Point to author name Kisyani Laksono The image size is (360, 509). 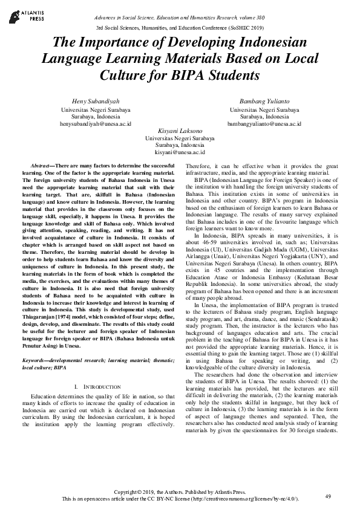180,131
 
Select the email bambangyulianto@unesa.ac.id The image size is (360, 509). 264,123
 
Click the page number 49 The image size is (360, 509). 328,496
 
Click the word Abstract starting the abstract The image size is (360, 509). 41,165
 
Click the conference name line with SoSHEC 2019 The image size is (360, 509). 180,28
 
